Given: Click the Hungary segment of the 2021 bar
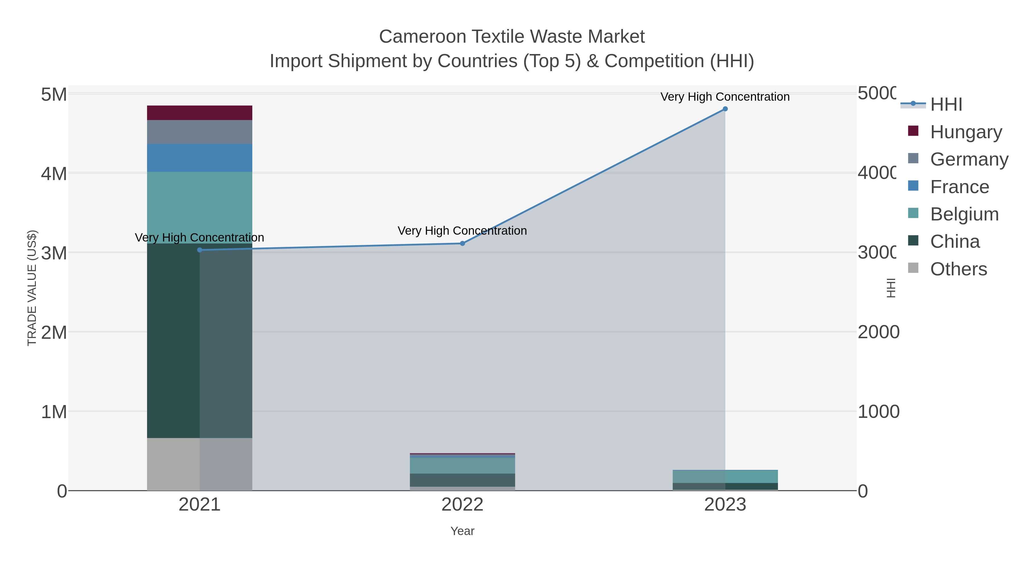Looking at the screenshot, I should [200, 113].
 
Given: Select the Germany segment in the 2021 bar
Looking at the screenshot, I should [200, 132].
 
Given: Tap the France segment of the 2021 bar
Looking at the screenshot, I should [200, 158].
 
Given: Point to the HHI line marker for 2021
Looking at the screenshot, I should [200, 250].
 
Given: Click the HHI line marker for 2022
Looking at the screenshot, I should [462, 243].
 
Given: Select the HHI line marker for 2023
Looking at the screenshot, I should [725, 109].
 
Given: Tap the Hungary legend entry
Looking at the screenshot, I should [966, 132].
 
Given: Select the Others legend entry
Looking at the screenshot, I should [958, 269].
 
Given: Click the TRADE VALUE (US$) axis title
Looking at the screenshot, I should [32, 288].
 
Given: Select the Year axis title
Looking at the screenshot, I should [462, 531].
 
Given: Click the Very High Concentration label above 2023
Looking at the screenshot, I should [725, 97].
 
